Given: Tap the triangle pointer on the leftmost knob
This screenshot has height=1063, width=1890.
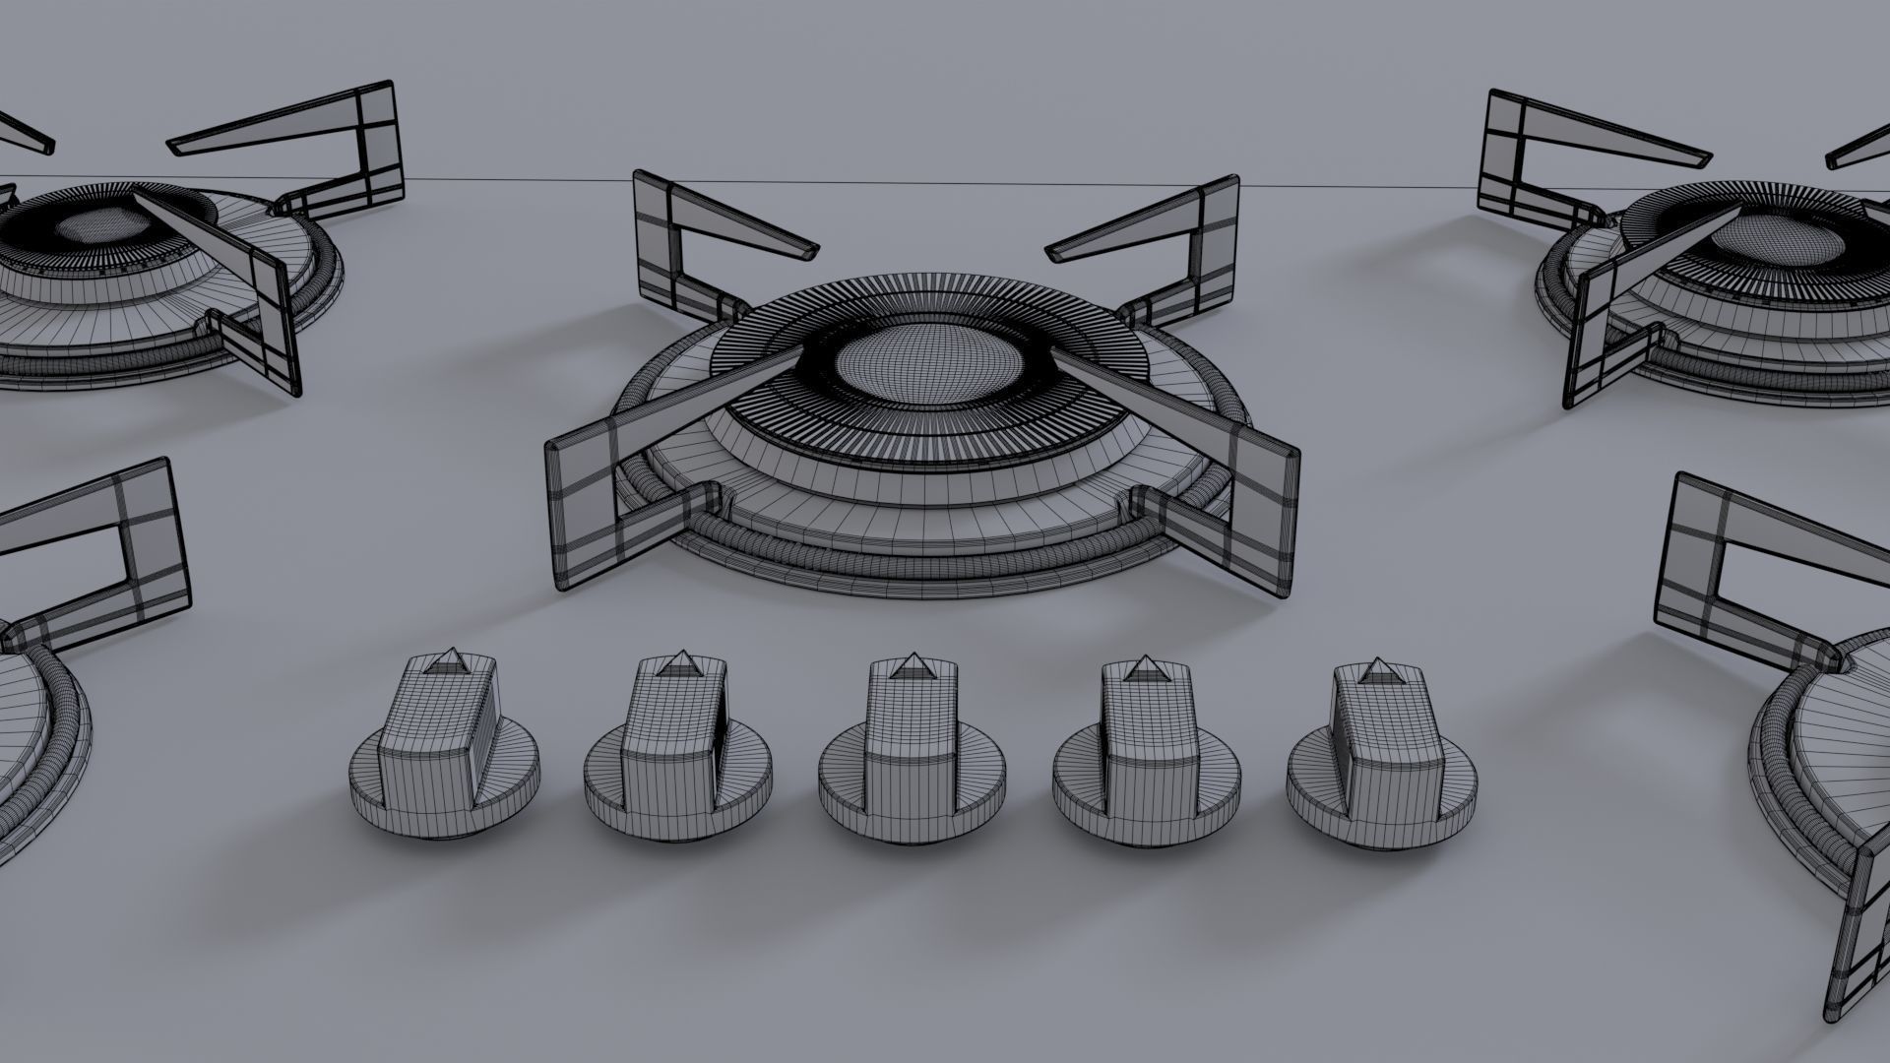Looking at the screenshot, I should pos(450,660).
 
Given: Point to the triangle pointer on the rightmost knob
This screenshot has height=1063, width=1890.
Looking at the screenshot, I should pos(1375,669).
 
